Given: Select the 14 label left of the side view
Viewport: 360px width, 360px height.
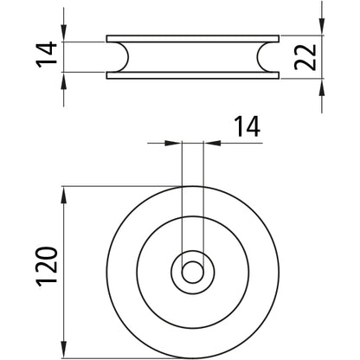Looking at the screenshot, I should coord(49,57).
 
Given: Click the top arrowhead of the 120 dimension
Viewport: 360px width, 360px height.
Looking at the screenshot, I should coord(65,191).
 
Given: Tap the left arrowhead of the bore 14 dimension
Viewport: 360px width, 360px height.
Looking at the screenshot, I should coord(176,143).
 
